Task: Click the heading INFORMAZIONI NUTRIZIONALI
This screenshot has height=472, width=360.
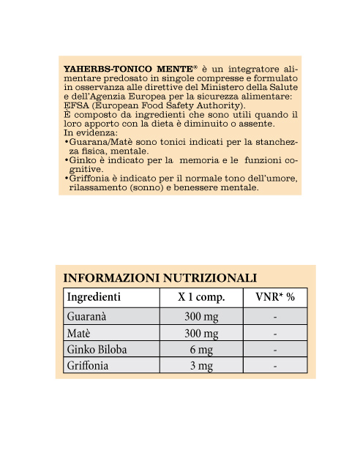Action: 160,278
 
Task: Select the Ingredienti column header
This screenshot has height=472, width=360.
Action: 94,298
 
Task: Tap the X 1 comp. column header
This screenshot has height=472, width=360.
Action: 200,298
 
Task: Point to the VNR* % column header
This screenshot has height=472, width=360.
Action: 274,298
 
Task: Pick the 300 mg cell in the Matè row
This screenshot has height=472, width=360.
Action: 200,334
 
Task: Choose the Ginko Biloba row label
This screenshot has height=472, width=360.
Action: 97,350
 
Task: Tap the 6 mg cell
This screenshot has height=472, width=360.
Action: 200,350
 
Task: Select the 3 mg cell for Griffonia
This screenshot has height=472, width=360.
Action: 200,365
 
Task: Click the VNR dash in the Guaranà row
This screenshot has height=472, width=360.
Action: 274,318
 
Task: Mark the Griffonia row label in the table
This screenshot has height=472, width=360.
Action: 88,365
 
